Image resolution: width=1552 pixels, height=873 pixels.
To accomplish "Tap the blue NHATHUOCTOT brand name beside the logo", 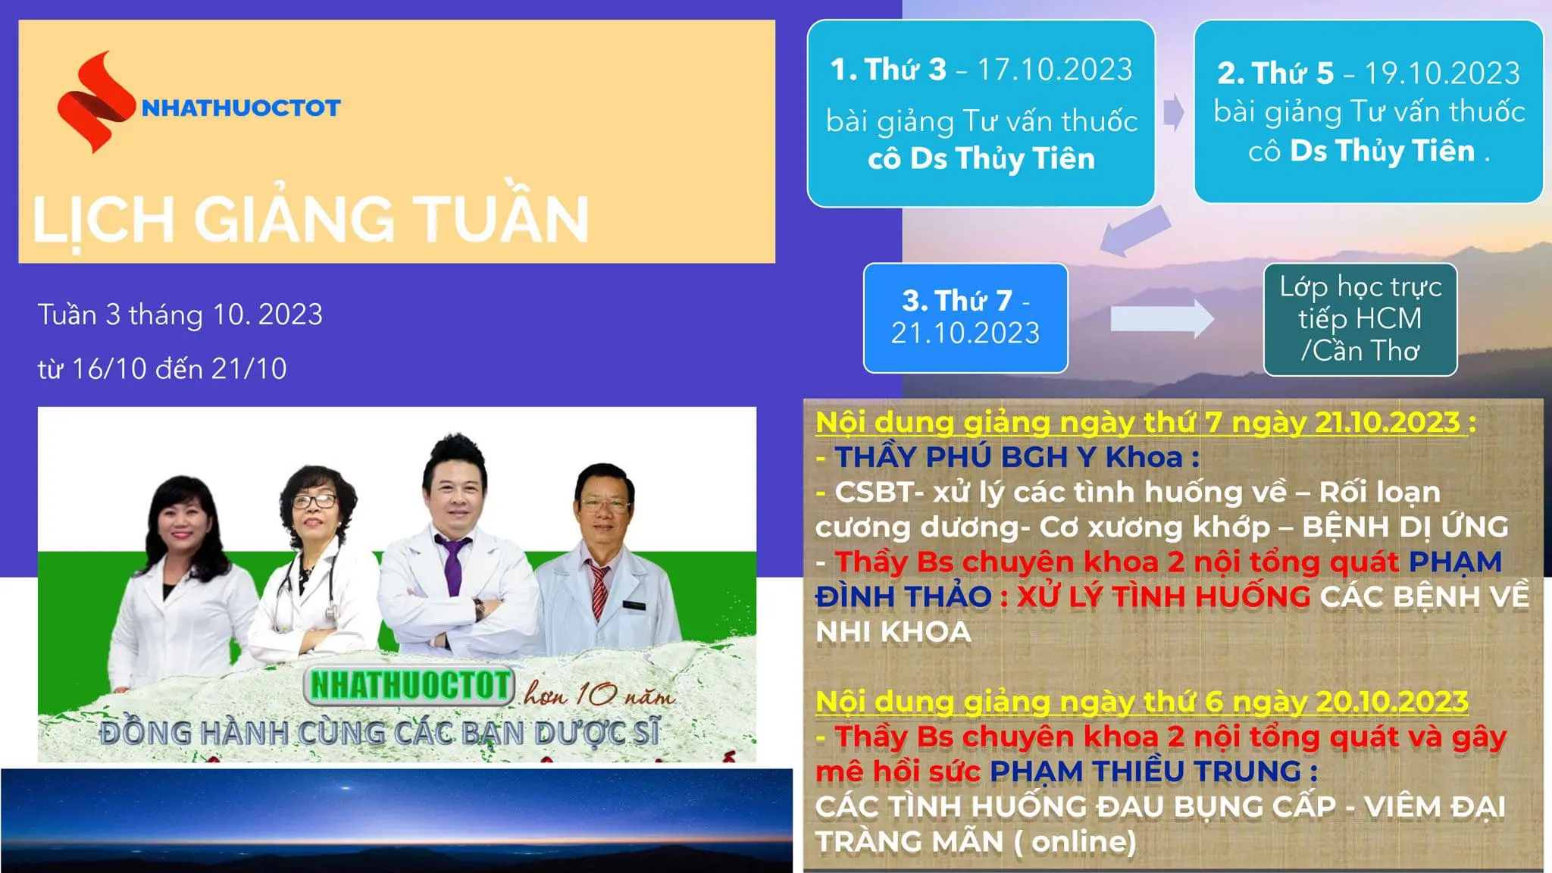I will pyautogui.click(x=241, y=108).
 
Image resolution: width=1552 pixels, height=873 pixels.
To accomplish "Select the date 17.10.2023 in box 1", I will pyautogui.click(x=1054, y=70).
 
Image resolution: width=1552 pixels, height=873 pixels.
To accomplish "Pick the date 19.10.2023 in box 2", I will pyautogui.click(x=1442, y=74).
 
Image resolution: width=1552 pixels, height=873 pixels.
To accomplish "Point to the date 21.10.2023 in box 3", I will pyautogui.click(x=965, y=333).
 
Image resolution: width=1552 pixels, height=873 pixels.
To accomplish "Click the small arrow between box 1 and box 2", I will pyautogui.click(x=1173, y=112).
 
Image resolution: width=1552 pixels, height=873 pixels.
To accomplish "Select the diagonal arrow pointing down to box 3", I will pyautogui.click(x=1134, y=230).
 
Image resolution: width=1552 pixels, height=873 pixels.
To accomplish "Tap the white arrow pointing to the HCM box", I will pyautogui.click(x=1162, y=318).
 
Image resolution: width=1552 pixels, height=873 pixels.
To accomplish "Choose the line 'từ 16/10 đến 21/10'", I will pyautogui.click(x=162, y=369).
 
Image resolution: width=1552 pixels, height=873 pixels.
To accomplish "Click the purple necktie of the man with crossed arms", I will pyautogui.click(x=452, y=565).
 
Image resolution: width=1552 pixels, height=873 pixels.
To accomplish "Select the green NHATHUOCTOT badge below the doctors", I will pyautogui.click(x=409, y=685).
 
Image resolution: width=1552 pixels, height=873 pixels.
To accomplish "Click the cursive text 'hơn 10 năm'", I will pyautogui.click(x=598, y=693).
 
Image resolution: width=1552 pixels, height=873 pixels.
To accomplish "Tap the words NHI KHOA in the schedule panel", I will pyautogui.click(x=893, y=632).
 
